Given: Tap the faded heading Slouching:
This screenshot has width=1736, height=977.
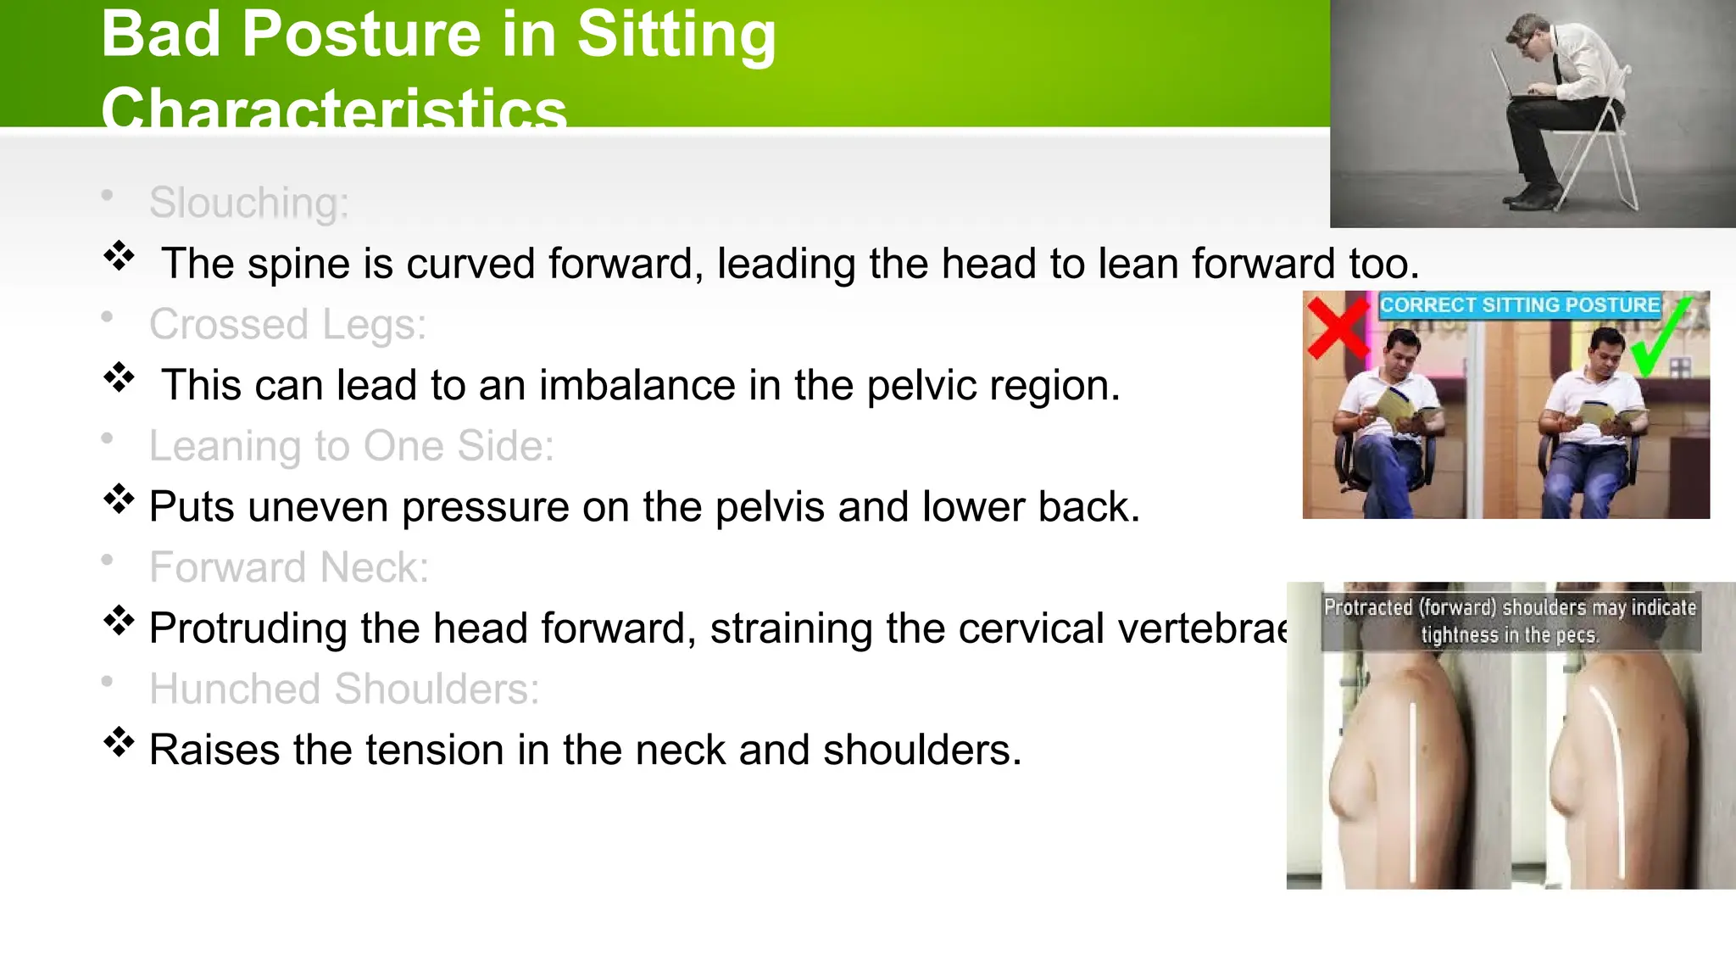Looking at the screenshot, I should coord(248,204).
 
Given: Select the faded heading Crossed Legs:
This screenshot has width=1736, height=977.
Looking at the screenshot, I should coord(287,325).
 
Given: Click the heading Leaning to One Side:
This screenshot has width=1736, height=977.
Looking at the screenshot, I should coord(351,446).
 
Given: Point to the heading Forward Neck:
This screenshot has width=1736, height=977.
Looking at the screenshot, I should coord(289,567).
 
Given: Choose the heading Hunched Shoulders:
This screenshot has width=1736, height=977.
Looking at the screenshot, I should coord(343,689).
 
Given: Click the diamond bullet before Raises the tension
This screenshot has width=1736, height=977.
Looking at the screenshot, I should coord(120,742).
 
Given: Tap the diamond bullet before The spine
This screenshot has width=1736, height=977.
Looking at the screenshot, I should coord(120,256).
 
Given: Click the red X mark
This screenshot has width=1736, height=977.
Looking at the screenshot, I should coord(1337,328).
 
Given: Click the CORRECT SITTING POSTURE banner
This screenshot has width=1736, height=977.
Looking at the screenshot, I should coord(1519,305).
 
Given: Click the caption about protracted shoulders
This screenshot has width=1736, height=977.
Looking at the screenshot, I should coord(1510,621).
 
